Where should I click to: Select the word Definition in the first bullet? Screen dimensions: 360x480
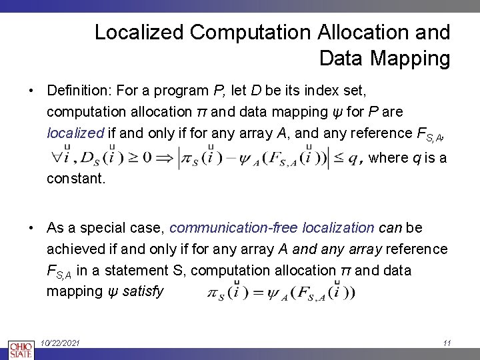click(78, 89)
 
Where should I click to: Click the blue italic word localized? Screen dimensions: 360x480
click(75, 132)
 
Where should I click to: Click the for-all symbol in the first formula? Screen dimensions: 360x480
click(58, 159)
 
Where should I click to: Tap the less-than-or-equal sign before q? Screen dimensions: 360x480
click(341, 158)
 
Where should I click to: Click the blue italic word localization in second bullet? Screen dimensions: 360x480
click(338, 228)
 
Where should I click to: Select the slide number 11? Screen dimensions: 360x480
click(447, 343)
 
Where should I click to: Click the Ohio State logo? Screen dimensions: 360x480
click(21, 349)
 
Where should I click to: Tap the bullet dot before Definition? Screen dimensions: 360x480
click(31, 89)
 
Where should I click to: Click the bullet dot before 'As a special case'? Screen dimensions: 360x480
click(31, 228)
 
